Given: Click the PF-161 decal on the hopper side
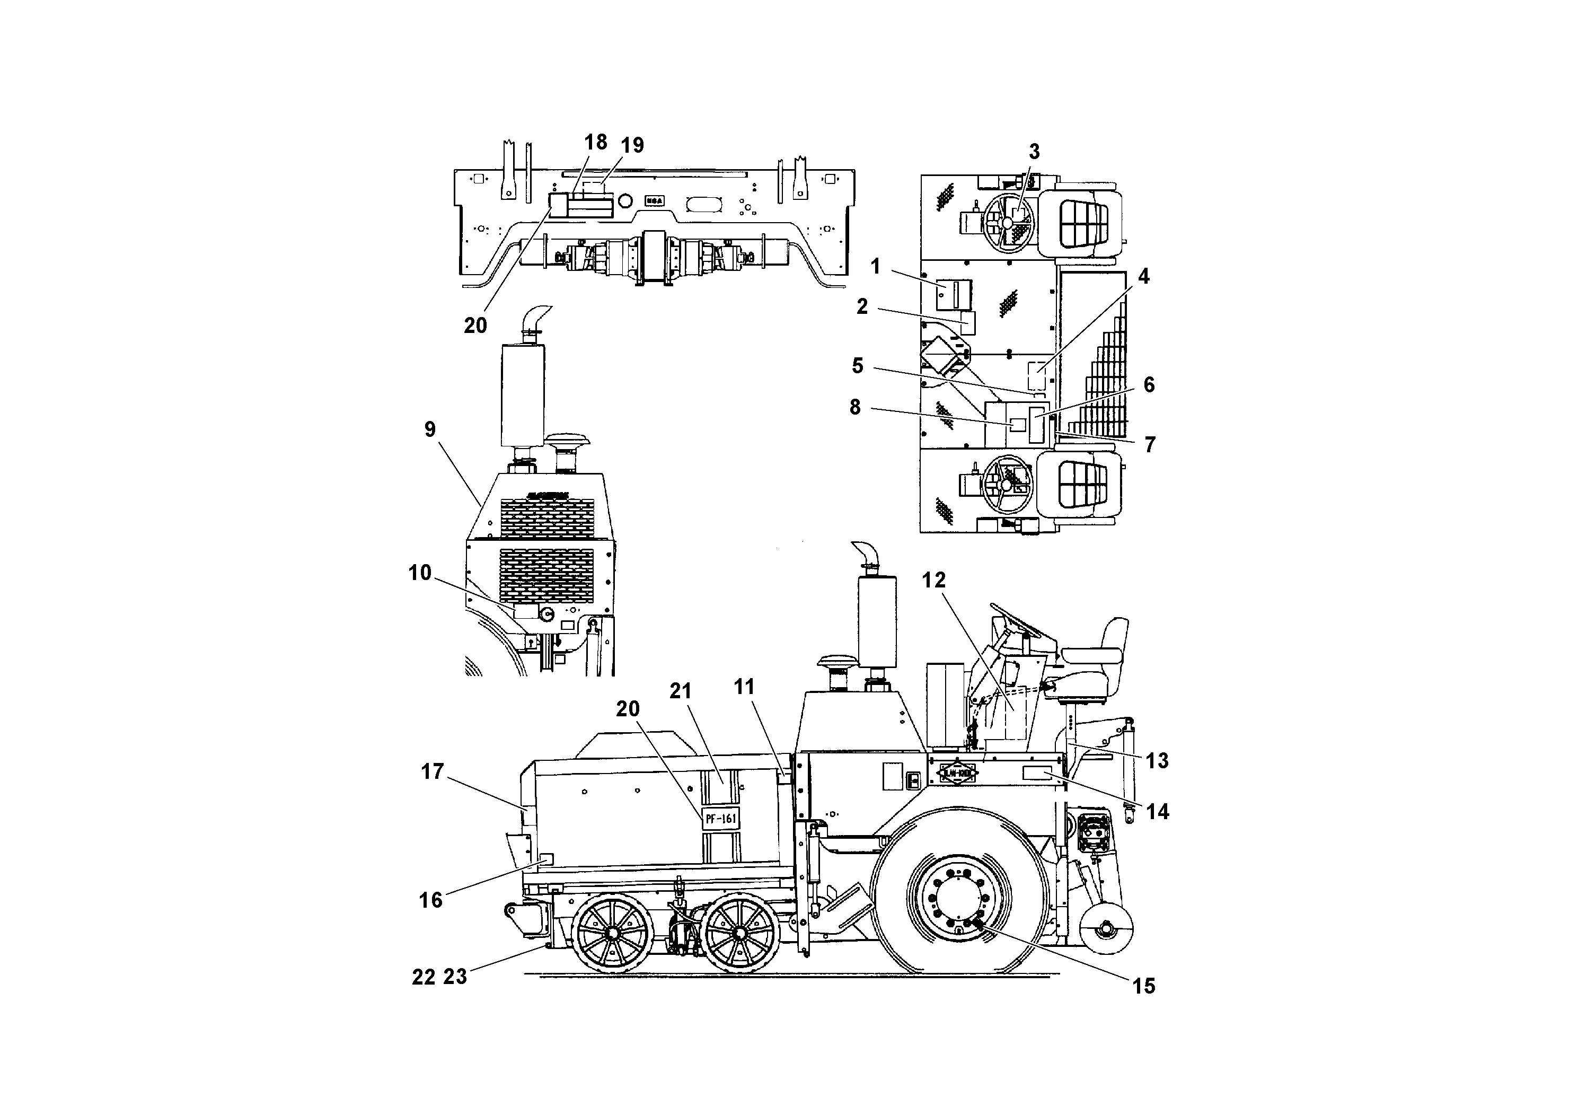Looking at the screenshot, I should coord(721,818).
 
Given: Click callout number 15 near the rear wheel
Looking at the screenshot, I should coord(1144,987).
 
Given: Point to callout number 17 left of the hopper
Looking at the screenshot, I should coord(433,772).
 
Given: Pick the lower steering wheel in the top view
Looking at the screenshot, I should coord(1007,484).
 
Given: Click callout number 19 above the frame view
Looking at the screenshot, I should coord(632,145).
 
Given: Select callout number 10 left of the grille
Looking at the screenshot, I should coord(420,573).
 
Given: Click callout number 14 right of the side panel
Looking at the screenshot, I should coord(1157,812).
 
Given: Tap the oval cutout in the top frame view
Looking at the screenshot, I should coord(704,204).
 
